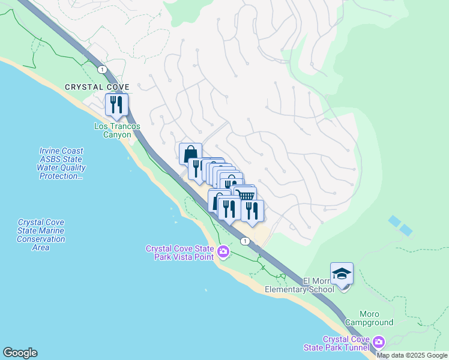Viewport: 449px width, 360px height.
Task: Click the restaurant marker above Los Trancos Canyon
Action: pos(115,104)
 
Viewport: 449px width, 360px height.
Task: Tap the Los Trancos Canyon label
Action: pos(117,130)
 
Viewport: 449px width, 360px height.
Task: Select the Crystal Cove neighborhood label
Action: pos(97,88)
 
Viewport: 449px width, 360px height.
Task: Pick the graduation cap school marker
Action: pos(342,274)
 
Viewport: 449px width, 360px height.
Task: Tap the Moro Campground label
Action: pos(377,318)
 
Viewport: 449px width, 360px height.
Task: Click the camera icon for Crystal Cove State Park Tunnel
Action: pos(378,343)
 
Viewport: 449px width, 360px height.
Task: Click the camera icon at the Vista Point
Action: pos(223,251)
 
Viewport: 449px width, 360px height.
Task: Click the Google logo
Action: pos(20,353)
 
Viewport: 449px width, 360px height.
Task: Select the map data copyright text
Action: pos(412,355)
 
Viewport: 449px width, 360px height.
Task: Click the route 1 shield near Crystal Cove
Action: pos(103,70)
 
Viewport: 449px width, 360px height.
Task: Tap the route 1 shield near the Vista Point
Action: pos(245,241)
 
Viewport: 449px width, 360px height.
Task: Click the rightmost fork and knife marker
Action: pos(252,211)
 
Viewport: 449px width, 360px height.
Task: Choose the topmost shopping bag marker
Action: pos(190,153)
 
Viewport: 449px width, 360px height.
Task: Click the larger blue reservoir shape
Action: pos(395,221)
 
